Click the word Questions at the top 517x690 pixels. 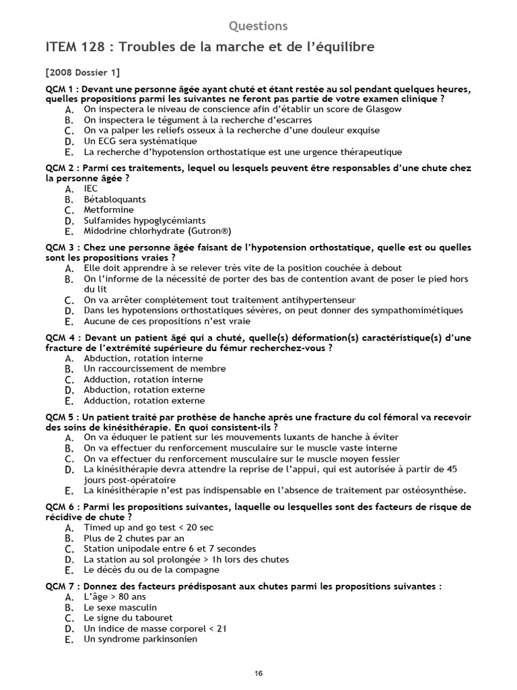[258, 26]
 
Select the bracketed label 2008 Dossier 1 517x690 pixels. [83, 73]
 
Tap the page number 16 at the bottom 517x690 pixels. [258, 673]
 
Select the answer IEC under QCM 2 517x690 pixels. [91, 189]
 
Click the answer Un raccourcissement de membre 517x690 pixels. [154, 369]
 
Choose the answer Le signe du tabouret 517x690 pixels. [128, 618]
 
